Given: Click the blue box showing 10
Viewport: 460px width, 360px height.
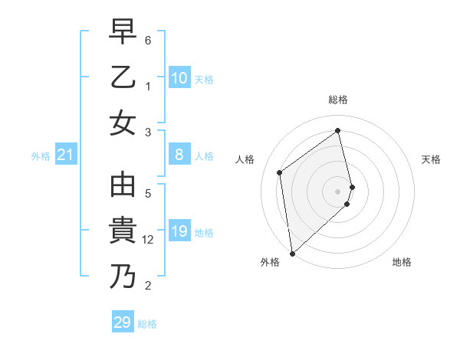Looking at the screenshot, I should pos(179,77).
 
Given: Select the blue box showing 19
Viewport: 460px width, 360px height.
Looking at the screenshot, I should pos(179,231).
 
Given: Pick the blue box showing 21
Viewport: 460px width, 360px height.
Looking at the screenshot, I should pos(65,155).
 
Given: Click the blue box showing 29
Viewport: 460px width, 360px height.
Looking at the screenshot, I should pos(123,322).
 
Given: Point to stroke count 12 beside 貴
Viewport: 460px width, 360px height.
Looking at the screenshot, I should pos(149,240).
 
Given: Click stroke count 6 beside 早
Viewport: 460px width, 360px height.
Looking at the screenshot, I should pos(148,39).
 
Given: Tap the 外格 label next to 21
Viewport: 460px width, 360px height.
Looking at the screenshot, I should pos(41,156).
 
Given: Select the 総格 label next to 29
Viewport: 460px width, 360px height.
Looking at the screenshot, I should pos(147,323).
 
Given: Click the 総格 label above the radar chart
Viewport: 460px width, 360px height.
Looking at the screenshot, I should pos(338,100).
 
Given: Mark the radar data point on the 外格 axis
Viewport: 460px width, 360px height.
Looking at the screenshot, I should pos(291,253).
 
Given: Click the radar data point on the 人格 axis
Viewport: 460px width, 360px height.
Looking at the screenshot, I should pos(280,172).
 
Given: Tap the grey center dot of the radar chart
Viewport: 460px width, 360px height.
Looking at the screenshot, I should pos(338,191).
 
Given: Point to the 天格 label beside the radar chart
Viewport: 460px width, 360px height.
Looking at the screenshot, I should pos(431,159).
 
